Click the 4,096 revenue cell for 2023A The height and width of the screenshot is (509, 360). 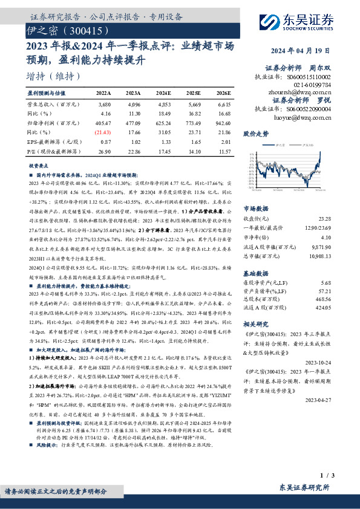click(133, 103)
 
